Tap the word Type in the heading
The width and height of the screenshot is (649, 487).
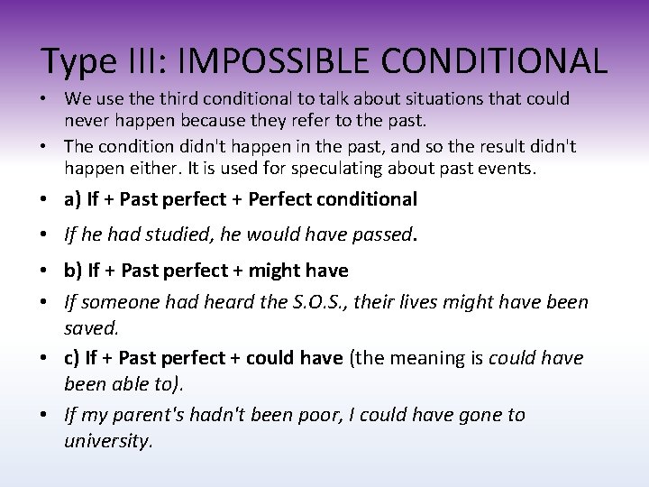point(79,60)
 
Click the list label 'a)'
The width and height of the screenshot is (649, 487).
point(72,198)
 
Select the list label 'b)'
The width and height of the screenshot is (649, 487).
point(73,270)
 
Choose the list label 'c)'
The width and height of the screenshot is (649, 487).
point(72,358)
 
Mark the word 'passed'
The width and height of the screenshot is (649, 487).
point(379,235)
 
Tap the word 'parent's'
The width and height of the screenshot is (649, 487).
point(146,415)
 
